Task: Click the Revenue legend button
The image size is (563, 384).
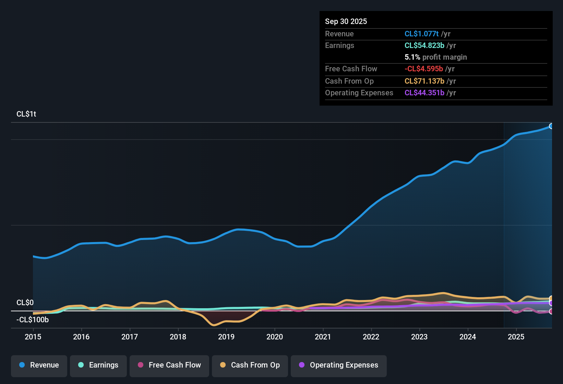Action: pyautogui.click(x=39, y=365)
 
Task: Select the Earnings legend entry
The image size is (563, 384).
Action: pyautogui.click(x=98, y=365)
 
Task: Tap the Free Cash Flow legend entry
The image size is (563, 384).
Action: pyautogui.click(x=169, y=365)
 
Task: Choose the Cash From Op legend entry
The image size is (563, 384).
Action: pyautogui.click(x=250, y=365)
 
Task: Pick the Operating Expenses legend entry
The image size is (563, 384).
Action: pyautogui.click(x=339, y=365)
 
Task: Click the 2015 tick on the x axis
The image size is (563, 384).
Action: pyautogui.click(x=33, y=337)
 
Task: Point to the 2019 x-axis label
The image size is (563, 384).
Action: pyautogui.click(x=226, y=337)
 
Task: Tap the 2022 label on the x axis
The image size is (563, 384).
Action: pyautogui.click(x=371, y=337)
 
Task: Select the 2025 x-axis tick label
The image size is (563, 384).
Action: pyautogui.click(x=516, y=337)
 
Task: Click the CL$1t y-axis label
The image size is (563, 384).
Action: pyautogui.click(x=26, y=114)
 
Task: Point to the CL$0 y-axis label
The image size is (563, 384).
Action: pyautogui.click(x=25, y=302)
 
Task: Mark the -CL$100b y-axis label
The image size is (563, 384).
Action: pyautogui.click(x=33, y=320)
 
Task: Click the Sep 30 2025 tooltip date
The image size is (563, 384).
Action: pyautogui.click(x=346, y=21)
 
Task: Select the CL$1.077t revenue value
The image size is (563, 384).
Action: pyautogui.click(x=421, y=34)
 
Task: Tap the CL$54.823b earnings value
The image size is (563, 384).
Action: pyautogui.click(x=424, y=45)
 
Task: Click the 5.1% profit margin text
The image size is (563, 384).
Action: pyautogui.click(x=436, y=57)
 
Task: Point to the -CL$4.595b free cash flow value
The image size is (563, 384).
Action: pyautogui.click(x=424, y=69)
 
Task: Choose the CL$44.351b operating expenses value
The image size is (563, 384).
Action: pyautogui.click(x=424, y=93)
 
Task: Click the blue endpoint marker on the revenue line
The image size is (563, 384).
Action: pyautogui.click(x=551, y=126)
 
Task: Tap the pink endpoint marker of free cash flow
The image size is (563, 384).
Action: pyautogui.click(x=551, y=311)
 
